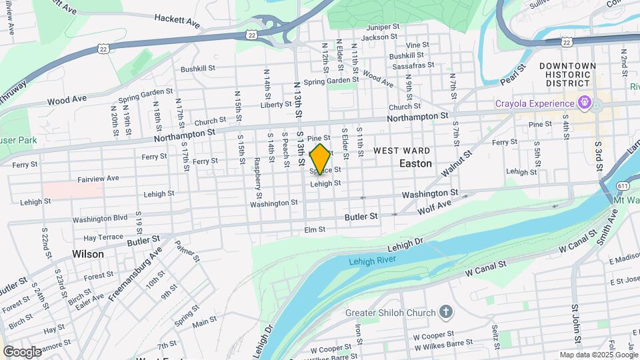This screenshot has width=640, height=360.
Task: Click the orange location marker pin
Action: coord(320,159)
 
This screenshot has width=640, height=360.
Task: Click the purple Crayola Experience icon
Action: coord(585,103)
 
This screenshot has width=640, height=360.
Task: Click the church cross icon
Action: coord(445,311)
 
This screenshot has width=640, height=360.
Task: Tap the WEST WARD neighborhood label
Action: coord(401,151)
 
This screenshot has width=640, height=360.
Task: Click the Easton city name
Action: coord(416,163)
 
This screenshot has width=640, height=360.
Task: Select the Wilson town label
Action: coord(88,254)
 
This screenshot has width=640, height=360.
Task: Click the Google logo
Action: coord(22,351)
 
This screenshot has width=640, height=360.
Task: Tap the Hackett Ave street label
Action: coord(177,22)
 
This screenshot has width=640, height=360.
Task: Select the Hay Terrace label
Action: coord(103,237)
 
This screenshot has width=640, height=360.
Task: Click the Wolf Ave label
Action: coord(431,207)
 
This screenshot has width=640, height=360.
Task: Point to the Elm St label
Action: coord(314,229)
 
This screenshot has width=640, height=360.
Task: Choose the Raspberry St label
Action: coord(257,173)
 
